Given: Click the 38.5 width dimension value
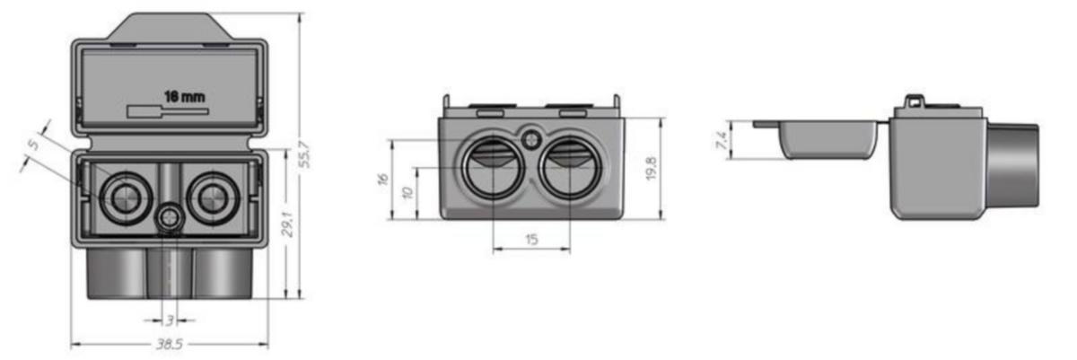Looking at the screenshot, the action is [170, 344].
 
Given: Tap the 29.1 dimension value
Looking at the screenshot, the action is [287, 224].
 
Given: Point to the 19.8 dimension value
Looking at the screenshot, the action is [651, 168].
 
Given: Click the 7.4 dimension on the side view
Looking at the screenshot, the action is [722, 140].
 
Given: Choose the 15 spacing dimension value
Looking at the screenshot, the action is [531, 239].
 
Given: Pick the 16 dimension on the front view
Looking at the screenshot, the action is [382, 180].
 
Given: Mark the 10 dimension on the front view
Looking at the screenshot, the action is [407, 193].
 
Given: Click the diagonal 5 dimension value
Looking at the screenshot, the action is [32, 145].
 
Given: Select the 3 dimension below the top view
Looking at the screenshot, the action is [170, 320].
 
